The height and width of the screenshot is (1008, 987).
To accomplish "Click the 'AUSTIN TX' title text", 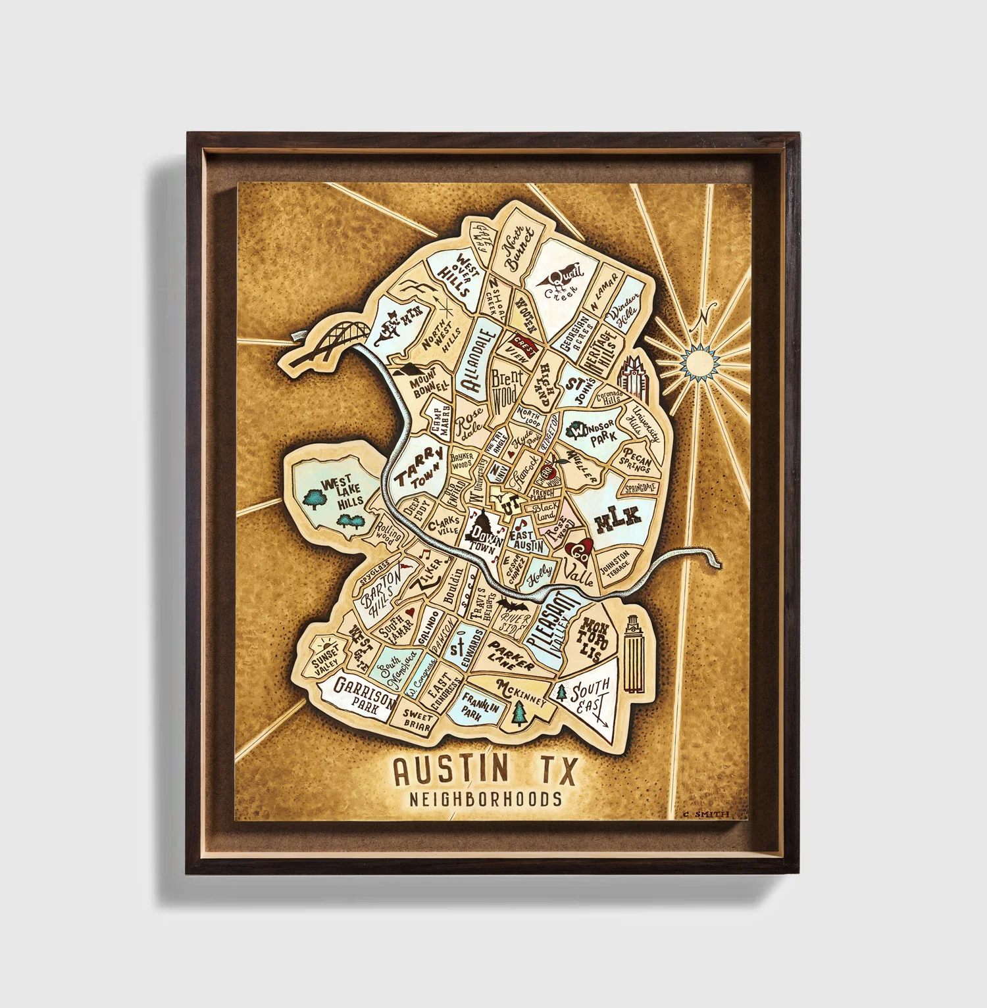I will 485,770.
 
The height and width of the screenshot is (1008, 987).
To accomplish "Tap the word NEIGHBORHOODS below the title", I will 486,800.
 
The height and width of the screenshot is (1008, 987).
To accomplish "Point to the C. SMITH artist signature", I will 706,814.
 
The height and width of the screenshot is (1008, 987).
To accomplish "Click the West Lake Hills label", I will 338,494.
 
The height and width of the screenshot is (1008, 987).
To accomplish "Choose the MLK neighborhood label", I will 617,519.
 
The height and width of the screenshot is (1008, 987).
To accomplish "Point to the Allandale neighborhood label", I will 479,359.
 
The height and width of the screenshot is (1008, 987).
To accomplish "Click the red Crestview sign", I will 524,344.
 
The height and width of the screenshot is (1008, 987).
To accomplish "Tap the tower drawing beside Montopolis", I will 632,654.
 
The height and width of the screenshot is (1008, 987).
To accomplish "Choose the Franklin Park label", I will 479,708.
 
